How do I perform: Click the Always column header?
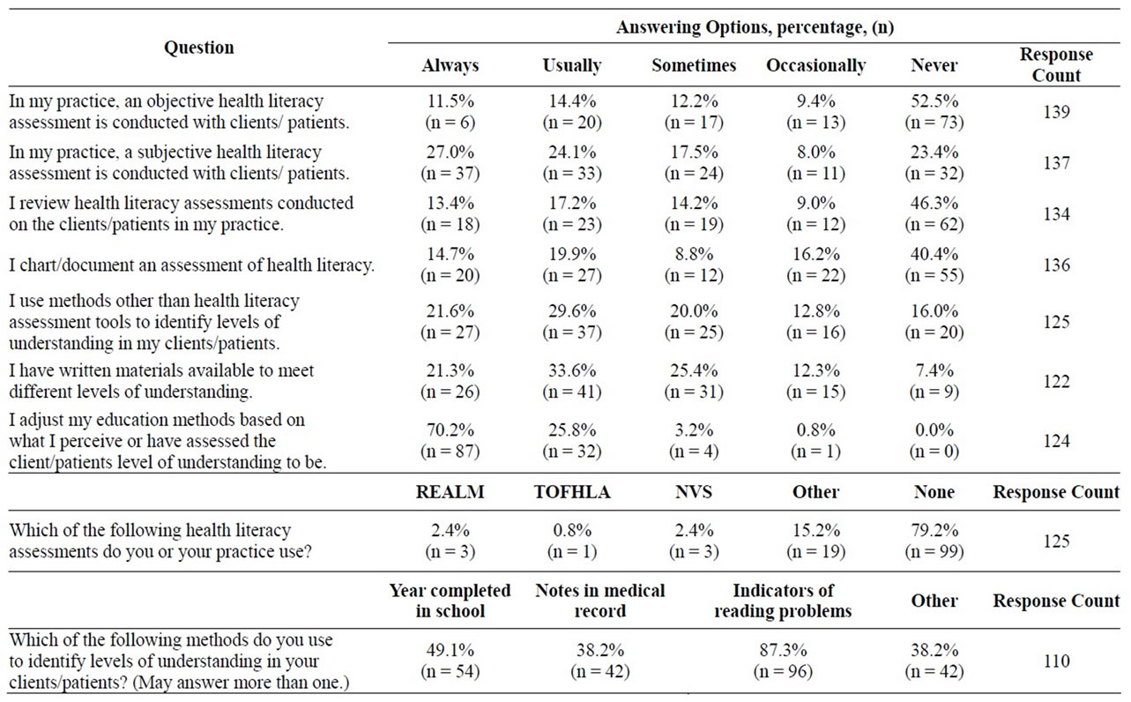(450, 65)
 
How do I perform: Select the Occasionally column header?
(816, 65)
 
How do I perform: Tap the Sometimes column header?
(694, 65)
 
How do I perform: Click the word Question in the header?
(199, 48)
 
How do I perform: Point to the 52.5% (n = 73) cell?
(934, 112)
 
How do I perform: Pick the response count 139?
(1056, 112)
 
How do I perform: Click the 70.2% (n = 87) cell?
(450, 440)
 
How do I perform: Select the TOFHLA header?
(572, 492)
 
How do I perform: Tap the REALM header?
(450, 492)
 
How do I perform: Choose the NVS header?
(694, 492)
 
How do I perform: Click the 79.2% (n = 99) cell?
(934, 541)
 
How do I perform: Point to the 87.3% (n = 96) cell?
(783, 661)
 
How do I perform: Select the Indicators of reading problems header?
(783, 601)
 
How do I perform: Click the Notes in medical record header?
(599, 601)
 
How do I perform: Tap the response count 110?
(1056, 661)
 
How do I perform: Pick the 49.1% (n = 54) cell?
(450, 661)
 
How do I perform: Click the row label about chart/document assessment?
(192, 265)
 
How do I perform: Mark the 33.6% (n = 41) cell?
(572, 381)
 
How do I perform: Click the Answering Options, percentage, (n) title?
(755, 27)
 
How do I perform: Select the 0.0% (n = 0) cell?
(934, 440)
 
